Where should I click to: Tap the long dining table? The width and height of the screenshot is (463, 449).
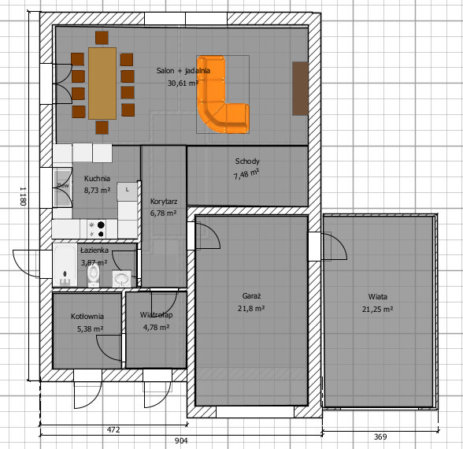pyautogui.click(x=102, y=83)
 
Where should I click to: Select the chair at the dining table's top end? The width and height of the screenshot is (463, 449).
pyautogui.click(x=102, y=38)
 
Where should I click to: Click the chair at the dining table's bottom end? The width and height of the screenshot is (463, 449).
pyautogui.click(x=102, y=128)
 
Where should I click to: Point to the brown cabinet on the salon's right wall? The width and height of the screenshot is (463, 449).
pyautogui.click(x=300, y=88)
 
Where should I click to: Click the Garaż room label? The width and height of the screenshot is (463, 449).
pyautogui.click(x=251, y=296)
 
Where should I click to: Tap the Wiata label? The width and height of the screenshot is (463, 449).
pyautogui.click(x=378, y=296)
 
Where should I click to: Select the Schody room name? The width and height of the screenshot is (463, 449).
pyautogui.click(x=247, y=161)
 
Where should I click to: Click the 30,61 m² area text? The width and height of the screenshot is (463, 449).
pyautogui.click(x=183, y=83)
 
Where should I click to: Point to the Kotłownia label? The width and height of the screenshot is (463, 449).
pyautogui.click(x=87, y=317)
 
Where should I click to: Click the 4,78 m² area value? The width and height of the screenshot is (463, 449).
pyautogui.click(x=156, y=328)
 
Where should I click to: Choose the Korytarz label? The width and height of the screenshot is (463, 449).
pyautogui.click(x=164, y=202)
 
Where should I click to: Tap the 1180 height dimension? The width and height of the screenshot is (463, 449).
pyautogui.click(x=24, y=196)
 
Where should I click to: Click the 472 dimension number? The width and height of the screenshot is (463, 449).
pyautogui.click(x=113, y=430)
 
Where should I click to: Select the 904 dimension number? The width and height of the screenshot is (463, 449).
pyautogui.click(x=181, y=441)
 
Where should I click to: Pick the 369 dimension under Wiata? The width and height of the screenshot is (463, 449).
pyautogui.click(x=380, y=436)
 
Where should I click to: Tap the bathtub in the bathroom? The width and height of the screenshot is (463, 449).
pyautogui.click(x=65, y=265)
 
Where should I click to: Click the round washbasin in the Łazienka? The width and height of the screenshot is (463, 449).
pyautogui.click(x=121, y=279)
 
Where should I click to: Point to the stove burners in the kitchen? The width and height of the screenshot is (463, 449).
pyautogui.click(x=97, y=229)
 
